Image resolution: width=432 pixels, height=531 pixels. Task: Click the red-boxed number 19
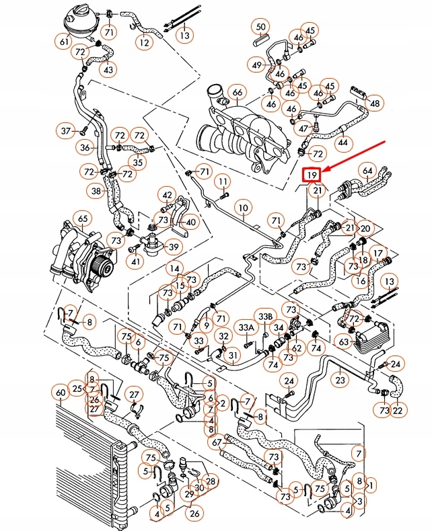311,176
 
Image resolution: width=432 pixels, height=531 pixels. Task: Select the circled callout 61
65,42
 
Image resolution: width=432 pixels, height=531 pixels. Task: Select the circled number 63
344,342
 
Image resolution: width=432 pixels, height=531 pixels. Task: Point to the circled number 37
66,130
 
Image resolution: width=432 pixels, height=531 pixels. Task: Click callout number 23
340,380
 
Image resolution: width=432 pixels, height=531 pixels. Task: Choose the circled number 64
367,171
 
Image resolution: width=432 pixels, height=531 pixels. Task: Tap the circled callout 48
375,104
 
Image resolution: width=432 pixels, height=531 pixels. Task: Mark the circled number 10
242,208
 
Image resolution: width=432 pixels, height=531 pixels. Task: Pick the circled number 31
233,355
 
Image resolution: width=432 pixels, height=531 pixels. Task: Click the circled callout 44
343,142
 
